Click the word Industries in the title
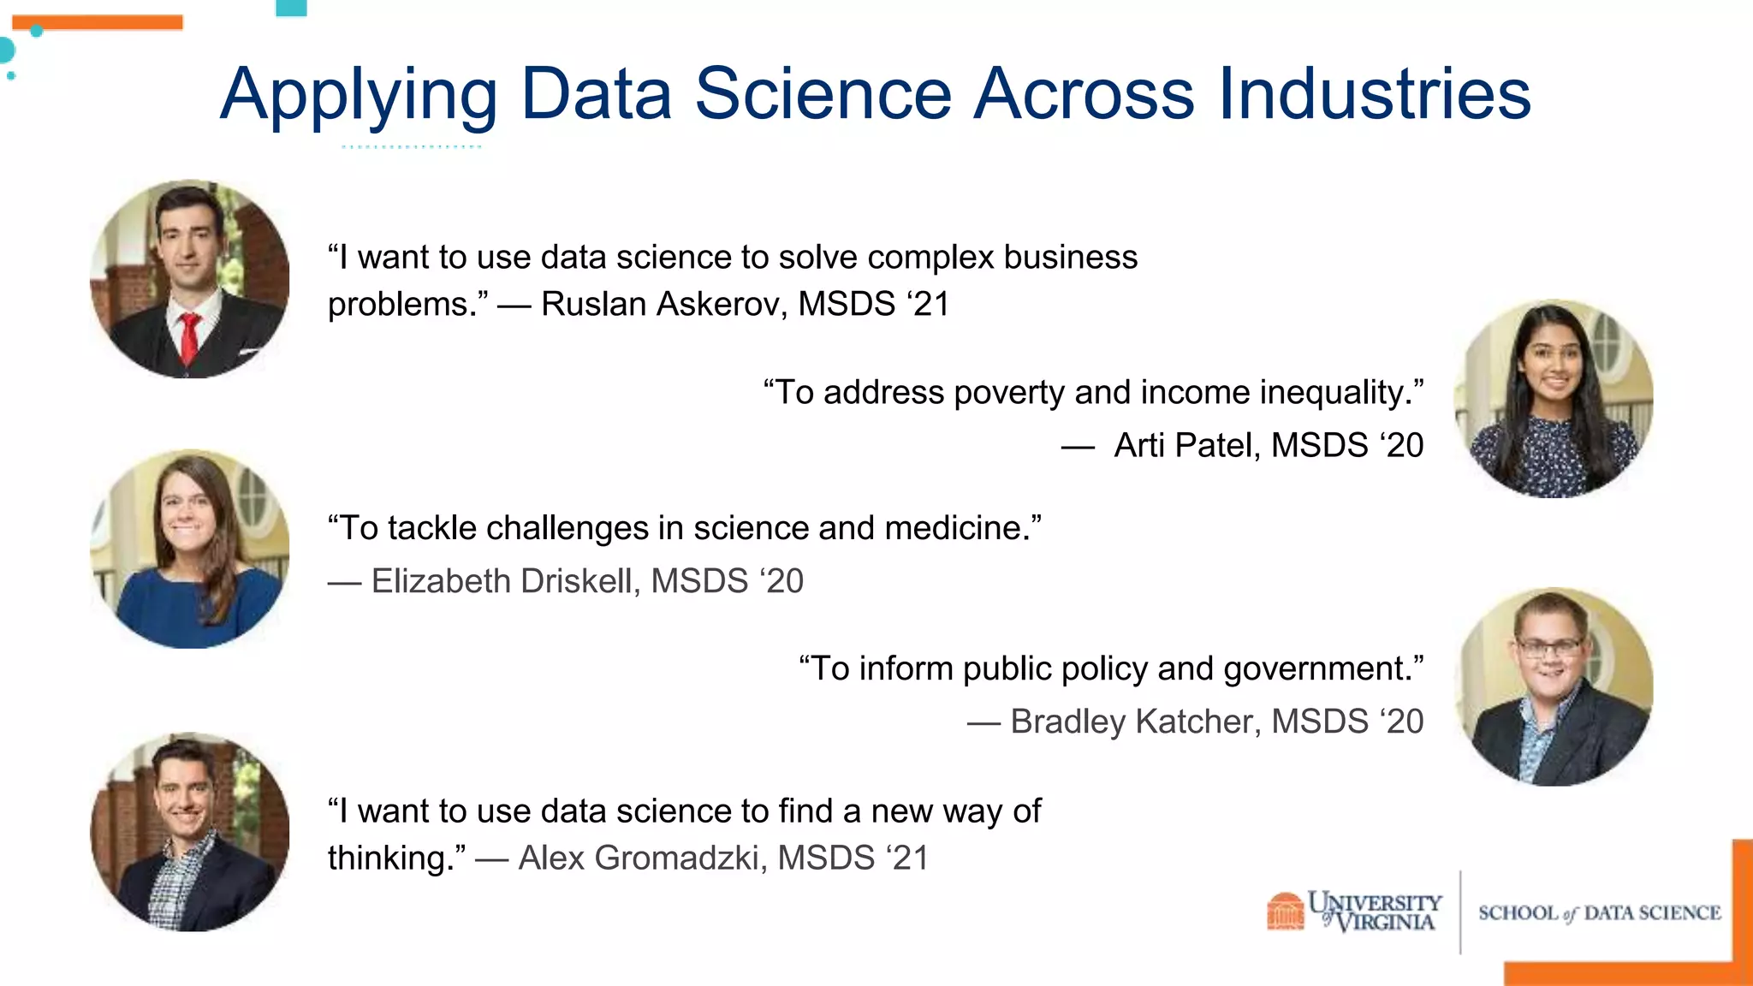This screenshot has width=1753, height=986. pos(1375,93)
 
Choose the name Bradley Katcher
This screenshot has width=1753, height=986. pos(1135,722)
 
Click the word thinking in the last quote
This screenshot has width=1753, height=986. pos(393,858)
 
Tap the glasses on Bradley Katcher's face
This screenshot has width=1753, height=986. pos(1548,647)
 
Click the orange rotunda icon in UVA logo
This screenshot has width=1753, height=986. pos(1285,912)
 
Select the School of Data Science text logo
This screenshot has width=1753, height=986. pos(1599,913)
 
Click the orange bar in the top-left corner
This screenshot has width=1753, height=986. pos(97,22)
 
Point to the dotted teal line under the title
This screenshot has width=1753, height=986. pos(412,147)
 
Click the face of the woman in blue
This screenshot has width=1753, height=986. pos(187,514)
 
